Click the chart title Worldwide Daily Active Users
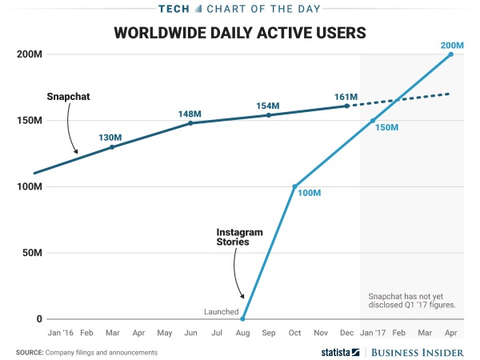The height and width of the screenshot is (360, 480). click(x=239, y=33)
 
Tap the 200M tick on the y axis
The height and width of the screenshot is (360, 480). click(x=29, y=54)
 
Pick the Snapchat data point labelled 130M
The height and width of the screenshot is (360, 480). click(x=112, y=147)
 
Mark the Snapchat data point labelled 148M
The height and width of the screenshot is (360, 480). click(x=190, y=123)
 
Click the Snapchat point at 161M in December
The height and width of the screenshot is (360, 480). click(x=346, y=106)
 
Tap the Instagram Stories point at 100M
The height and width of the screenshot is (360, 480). click(x=295, y=186)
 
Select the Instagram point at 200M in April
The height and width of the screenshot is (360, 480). click(x=451, y=54)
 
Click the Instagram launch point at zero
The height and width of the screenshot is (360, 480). click(x=242, y=319)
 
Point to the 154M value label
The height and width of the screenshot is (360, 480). click(x=267, y=106)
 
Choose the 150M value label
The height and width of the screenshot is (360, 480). click(x=386, y=128)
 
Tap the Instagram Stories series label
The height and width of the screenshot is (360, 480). click(x=240, y=238)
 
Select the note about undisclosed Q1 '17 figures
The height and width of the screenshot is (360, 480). click(x=411, y=300)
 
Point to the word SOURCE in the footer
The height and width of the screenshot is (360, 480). click(x=29, y=352)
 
